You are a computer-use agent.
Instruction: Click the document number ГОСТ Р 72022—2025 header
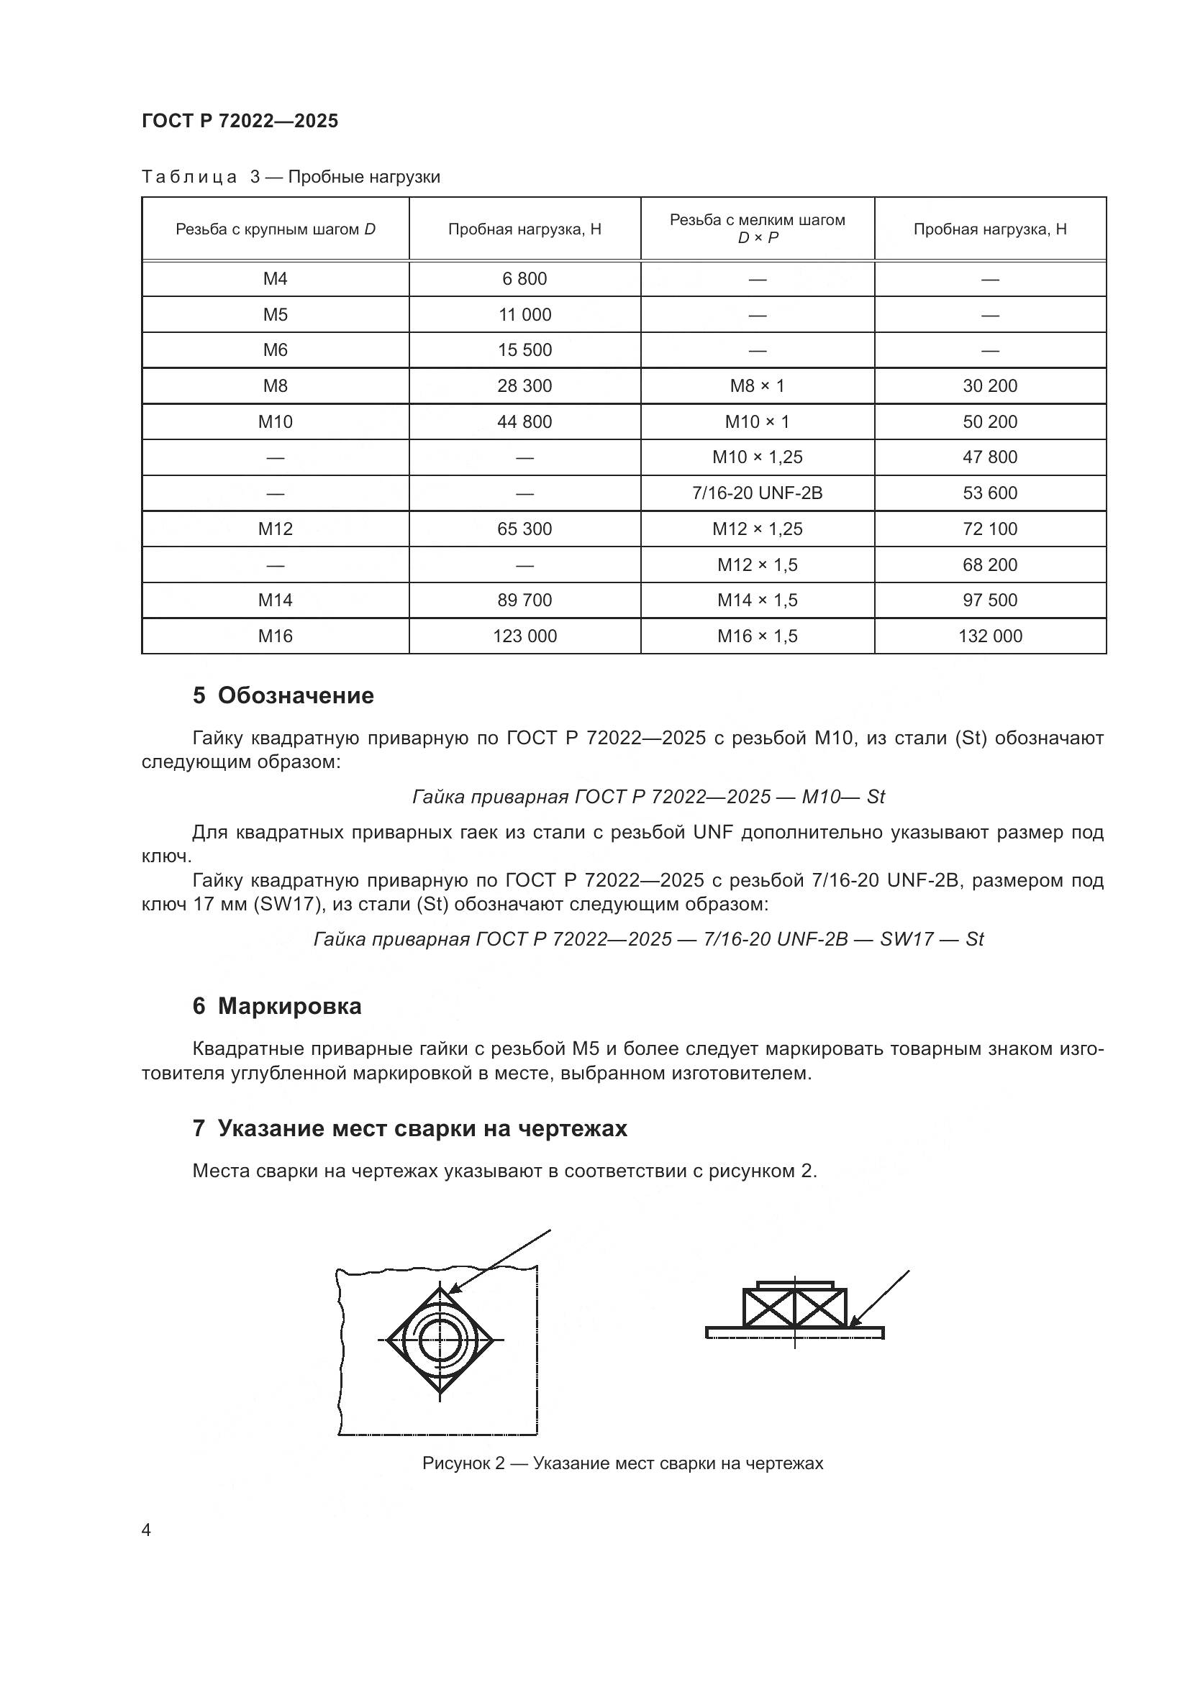coord(240,121)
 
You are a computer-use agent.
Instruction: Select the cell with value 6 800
coord(524,278)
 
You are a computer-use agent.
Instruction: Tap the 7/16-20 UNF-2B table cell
coord(757,493)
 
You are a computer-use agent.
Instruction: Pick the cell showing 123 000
coord(524,636)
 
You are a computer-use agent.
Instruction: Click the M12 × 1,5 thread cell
coord(757,565)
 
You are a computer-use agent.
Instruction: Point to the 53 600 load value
coord(989,493)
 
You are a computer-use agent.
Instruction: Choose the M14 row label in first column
coord(275,600)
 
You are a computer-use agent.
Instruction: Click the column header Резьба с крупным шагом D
coord(275,229)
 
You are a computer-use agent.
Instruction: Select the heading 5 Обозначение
coord(283,695)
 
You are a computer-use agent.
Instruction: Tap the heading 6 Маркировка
coord(277,1006)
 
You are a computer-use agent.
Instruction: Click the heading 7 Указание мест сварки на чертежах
coord(409,1128)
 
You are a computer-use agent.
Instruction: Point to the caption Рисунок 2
coord(622,1463)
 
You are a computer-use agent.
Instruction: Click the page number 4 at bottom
coord(146,1530)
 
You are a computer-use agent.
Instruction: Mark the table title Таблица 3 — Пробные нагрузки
coord(290,177)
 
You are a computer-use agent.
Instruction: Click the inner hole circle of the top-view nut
coord(440,1340)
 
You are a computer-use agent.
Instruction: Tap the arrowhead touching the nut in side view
coord(853,1322)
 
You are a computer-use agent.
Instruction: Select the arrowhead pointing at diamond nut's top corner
coord(453,1291)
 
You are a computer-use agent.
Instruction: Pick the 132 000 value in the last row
coord(989,636)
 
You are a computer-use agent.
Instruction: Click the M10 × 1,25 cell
coord(757,457)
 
